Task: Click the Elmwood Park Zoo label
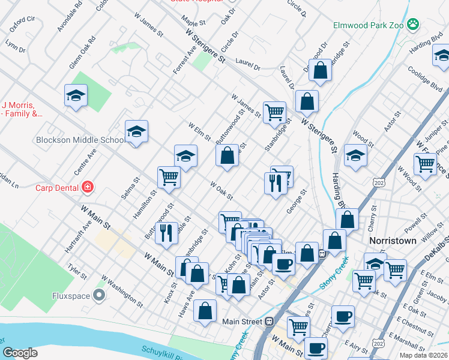coord(368,26)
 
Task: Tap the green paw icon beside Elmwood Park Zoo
coord(412,25)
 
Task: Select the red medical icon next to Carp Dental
coord(88,187)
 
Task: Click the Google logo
coord(20,352)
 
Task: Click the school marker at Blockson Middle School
coord(136,131)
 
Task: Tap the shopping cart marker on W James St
coord(274,111)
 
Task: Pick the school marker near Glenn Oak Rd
coord(76,95)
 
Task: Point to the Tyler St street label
coord(77,270)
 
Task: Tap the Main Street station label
coord(243,322)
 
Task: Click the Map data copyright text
coord(424,355)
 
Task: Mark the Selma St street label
coord(132,188)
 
